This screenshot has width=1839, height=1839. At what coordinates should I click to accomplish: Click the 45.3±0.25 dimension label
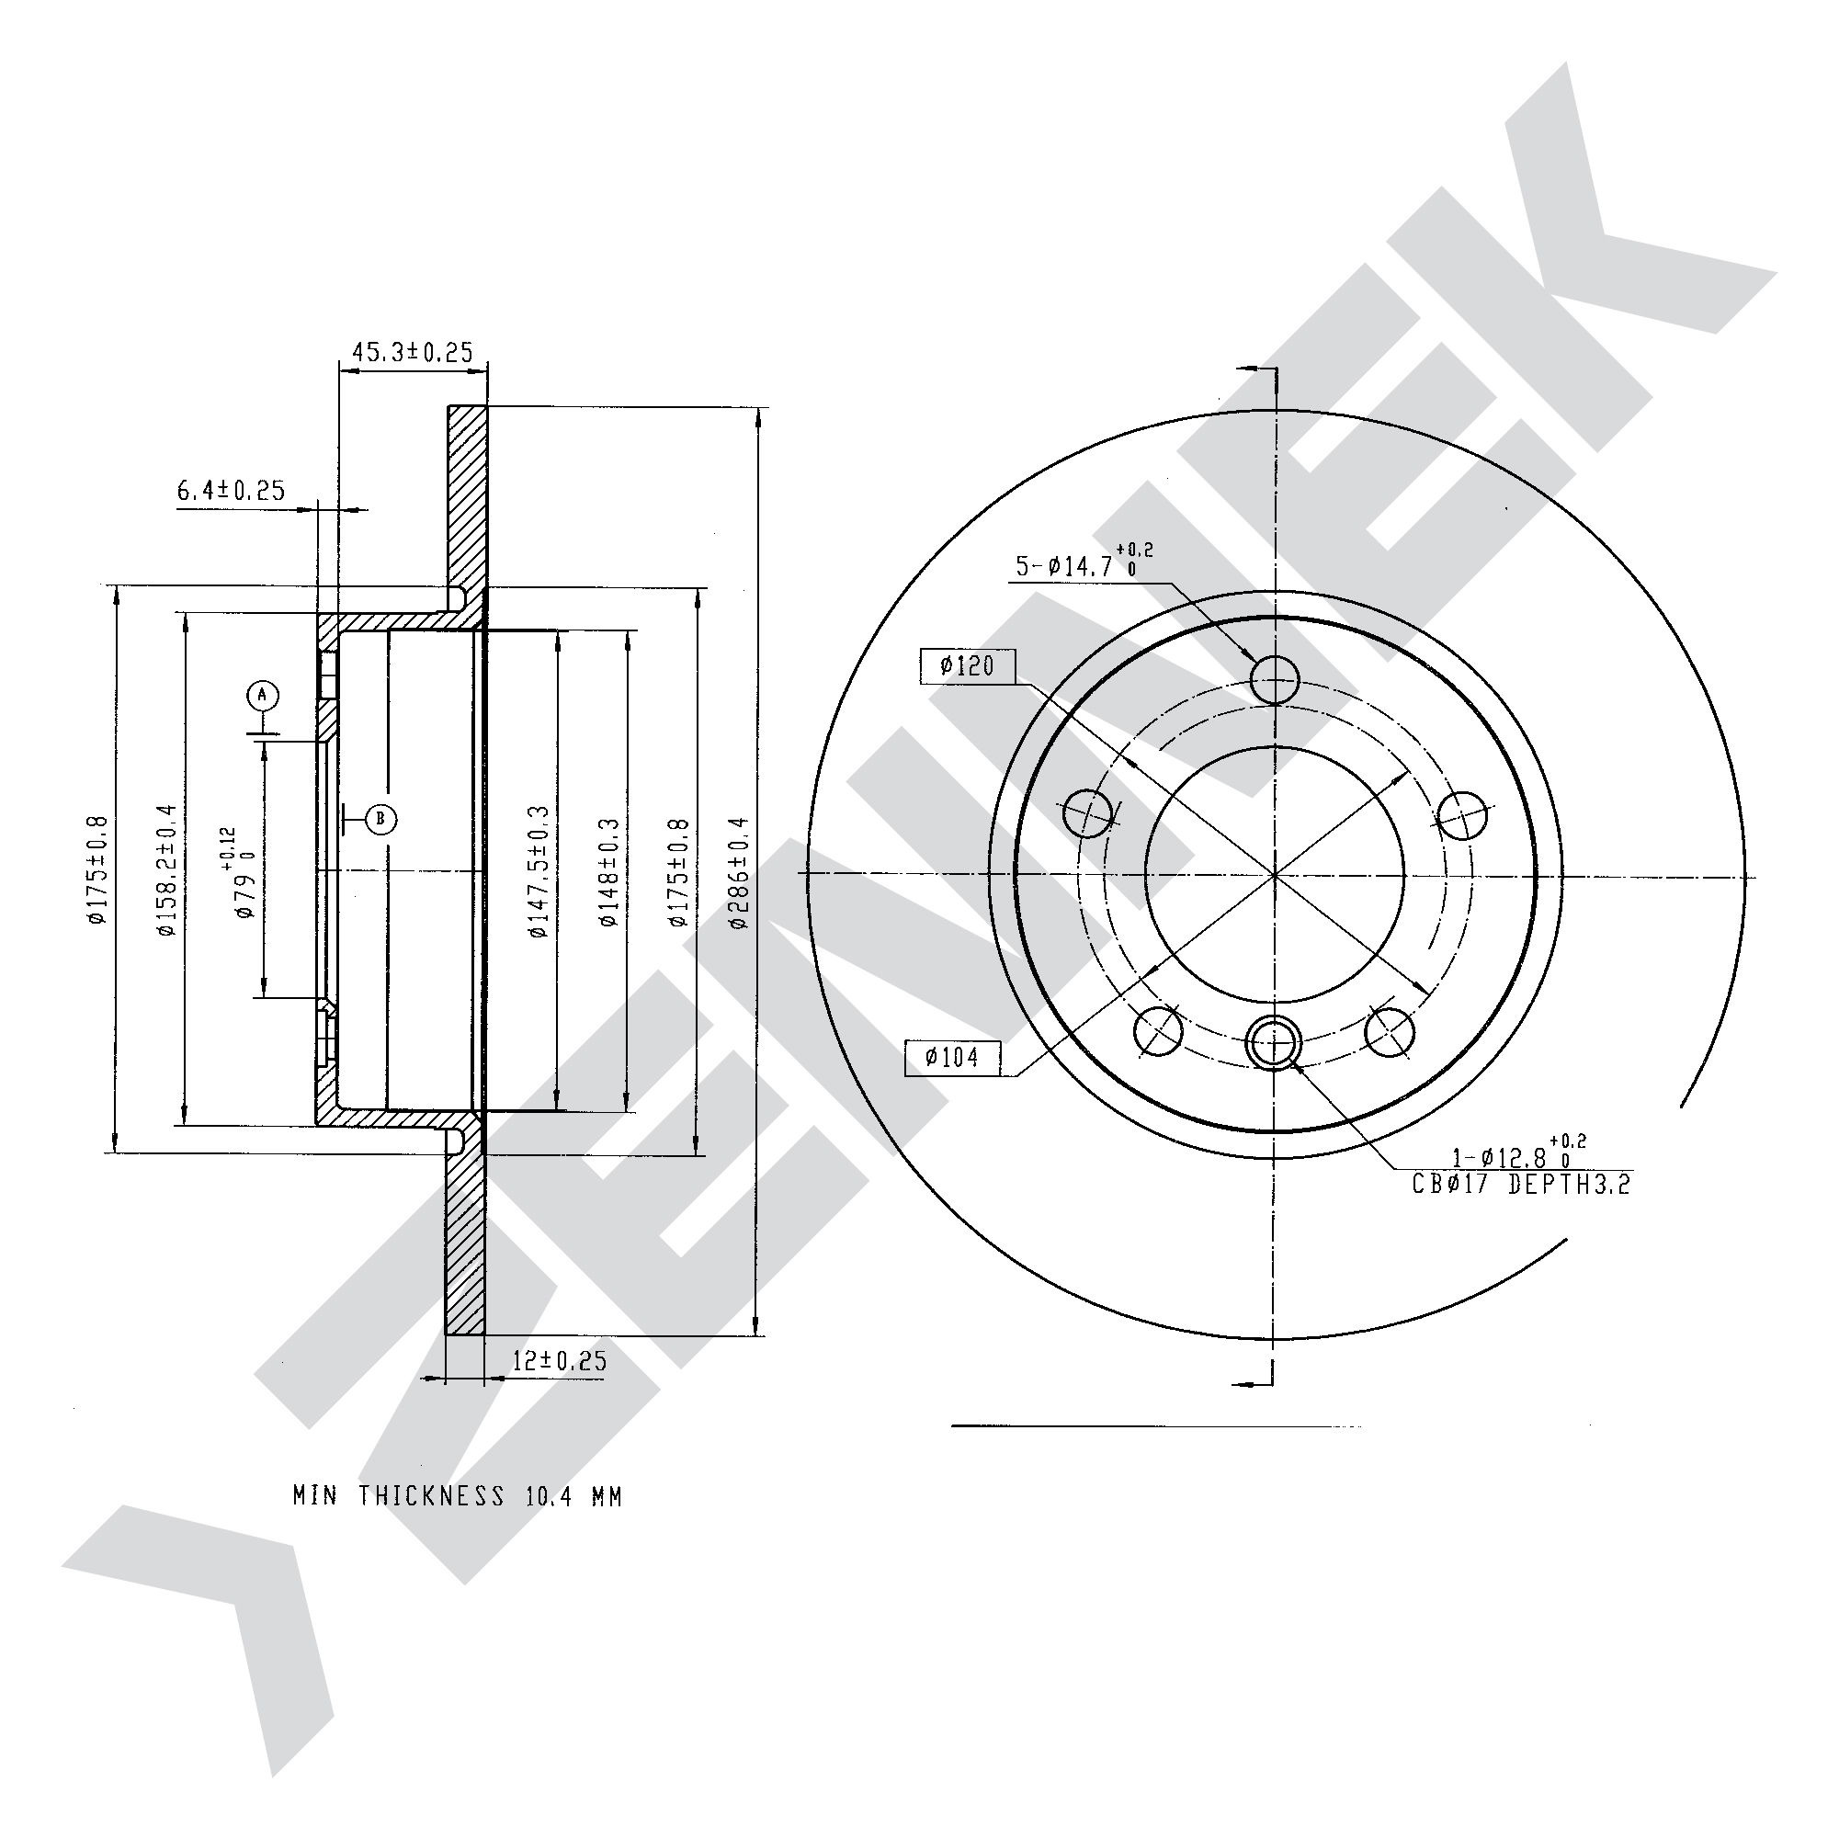click(414, 352)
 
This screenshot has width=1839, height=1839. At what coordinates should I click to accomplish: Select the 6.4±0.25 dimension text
click(232, 490)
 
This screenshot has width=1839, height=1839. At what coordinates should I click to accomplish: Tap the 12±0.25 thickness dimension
click(559, 1360)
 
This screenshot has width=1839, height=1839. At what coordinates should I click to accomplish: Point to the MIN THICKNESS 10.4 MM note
click(458, 1496)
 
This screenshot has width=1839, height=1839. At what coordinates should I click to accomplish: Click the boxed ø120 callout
click(968, 665)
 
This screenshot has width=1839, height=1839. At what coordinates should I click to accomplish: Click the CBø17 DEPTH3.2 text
click(1521, 1185)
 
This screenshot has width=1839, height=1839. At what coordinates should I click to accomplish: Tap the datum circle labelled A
click(263, 696)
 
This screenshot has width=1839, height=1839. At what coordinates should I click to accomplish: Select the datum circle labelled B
click(380, 818)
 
